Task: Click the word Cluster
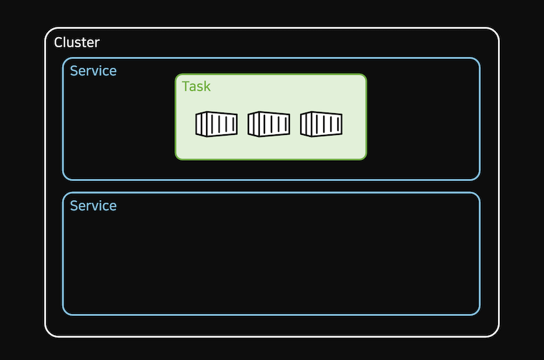click(77, 43)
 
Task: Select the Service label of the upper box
click(93, 71)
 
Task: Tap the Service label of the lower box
click(93, 206)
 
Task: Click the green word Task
click(196, 86)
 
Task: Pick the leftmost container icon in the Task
click(216, 124)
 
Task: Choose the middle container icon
click(269, 124)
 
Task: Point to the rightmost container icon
click(321, 124)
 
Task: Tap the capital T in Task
click(186, 86)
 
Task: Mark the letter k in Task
click(207, 86)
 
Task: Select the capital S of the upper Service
click(74, 71)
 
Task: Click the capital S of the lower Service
click(74, 206)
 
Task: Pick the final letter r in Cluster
click(97, 43)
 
